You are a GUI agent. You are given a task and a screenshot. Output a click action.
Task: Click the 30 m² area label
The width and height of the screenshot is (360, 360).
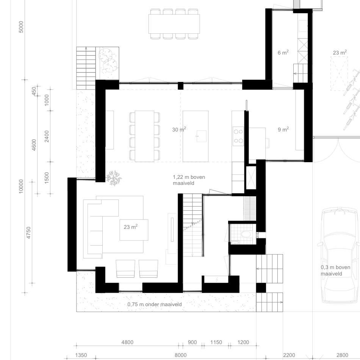(x=179, y=129)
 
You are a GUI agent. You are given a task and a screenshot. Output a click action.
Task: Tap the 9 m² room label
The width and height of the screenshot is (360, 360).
(x=283, y=129)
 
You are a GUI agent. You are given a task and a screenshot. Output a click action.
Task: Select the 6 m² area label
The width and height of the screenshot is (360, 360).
(x=283, y=52)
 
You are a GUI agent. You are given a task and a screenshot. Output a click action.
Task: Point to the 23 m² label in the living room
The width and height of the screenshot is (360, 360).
(x=131, y=227)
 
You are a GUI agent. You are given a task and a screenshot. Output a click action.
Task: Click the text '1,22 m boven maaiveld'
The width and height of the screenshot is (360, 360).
(x=189, y=180)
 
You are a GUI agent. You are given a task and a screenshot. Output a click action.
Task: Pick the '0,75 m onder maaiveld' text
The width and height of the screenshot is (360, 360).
(x=155, y=304)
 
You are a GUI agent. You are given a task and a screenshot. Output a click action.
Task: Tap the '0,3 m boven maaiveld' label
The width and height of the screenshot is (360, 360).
(x=335, y=270)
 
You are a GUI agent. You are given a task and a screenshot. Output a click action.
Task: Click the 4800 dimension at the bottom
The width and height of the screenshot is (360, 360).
(x=127, y=342)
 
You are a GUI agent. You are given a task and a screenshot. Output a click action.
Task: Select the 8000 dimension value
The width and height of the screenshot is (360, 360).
(x=180, y=355)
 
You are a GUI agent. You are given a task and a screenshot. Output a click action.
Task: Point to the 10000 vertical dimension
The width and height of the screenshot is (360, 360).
(x=21, y=186)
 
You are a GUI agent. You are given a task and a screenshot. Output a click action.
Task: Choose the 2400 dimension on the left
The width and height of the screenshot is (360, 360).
(x=47, y=136)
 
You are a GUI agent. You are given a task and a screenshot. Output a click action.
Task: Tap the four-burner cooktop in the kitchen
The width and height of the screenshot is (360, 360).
(x=238, y=136)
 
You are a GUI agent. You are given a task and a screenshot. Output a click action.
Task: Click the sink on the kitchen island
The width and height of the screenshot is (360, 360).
(x=201, y=136)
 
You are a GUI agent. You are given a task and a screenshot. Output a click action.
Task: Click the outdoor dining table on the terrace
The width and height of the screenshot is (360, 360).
(x=174, y=24)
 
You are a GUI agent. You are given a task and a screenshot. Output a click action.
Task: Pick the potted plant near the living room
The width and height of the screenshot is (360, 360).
(x=114, y=178)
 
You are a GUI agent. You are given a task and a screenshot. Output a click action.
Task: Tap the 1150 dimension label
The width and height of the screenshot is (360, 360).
(x=216, y=342)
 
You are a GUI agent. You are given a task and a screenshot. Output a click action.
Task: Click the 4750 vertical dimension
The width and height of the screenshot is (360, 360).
(x=28, y=232)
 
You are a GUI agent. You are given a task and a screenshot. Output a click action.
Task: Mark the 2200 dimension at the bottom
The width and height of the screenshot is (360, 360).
(x=289, y=355)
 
